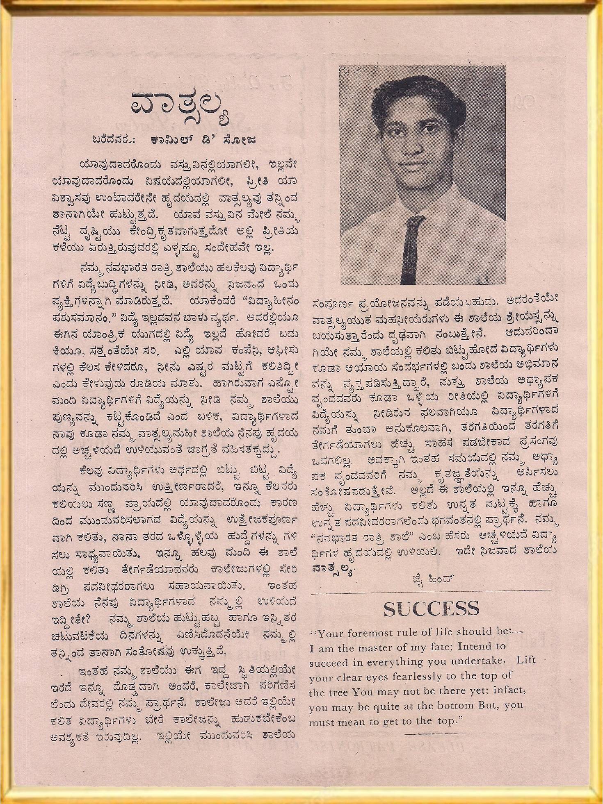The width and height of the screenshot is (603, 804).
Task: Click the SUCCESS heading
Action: pos(432,609)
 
